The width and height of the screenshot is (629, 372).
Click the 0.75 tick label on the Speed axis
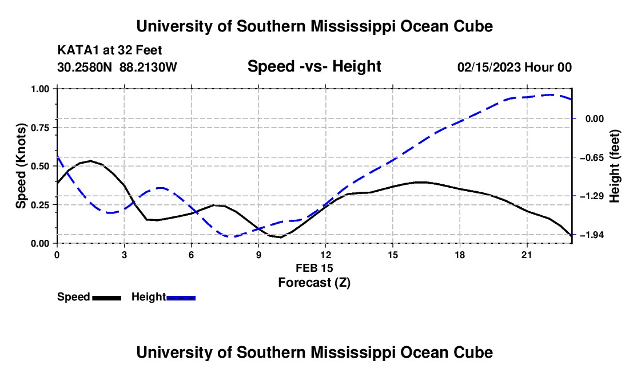(x=40, y=128)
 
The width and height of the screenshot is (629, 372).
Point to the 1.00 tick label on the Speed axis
(x=40, y=89)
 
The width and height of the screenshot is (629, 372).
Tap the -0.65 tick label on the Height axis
(x=592, y=157)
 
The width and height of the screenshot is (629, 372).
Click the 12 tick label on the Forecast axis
(x=326, y=255)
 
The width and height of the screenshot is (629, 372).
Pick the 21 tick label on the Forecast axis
(x=527, y=255)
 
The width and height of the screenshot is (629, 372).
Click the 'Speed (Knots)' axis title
(x=21, y=166)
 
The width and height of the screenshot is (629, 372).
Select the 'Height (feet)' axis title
(x=615, y=166)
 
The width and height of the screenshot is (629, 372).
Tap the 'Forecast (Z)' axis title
(x=314, y=283)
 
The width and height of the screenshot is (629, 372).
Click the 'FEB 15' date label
(x=314, y=268)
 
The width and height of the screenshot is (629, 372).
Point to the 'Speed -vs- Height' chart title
(x=314, y=66)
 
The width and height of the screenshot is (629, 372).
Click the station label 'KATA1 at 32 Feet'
(x=110, y=50)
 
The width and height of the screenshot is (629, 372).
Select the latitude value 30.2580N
(x=85, y=67)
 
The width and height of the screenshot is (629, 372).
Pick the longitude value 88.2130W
(x=148, y=67)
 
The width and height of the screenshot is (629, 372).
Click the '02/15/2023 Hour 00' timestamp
(x=515, y=67)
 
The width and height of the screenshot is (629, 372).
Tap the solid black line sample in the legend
(x=107, y=298)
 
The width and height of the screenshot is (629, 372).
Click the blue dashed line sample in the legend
(x=181, y=298)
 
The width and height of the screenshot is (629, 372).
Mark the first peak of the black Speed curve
(x=91, y=161)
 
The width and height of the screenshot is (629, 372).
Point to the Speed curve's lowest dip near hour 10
(x=280, y=237)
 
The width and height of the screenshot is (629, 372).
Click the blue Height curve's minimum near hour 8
(x=231, y=236)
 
